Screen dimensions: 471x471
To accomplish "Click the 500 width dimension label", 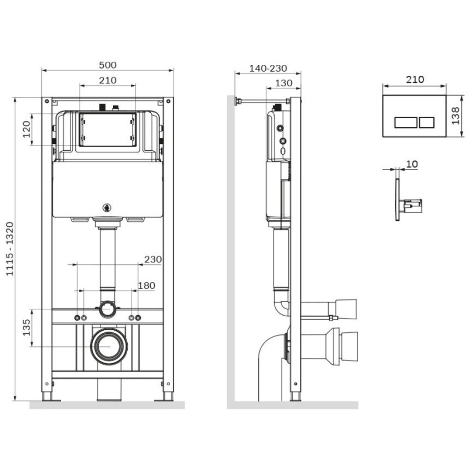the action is click(107, 65).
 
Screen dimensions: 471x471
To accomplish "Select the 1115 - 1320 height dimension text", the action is click(10, 249).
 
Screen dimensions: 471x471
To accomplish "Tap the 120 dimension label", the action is click(27, 129).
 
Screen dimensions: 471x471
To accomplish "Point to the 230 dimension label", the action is click(153, 259).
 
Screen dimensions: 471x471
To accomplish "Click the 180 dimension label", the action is click(147, 285).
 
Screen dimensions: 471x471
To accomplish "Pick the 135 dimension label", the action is click(27, 328).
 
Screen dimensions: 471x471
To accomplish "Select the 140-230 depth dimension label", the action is click(268, 68).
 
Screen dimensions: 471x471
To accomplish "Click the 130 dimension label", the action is click(284, 83).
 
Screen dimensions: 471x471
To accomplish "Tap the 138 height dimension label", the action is click(456, 116).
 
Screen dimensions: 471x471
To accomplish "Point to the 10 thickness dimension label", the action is click(412, 164).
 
